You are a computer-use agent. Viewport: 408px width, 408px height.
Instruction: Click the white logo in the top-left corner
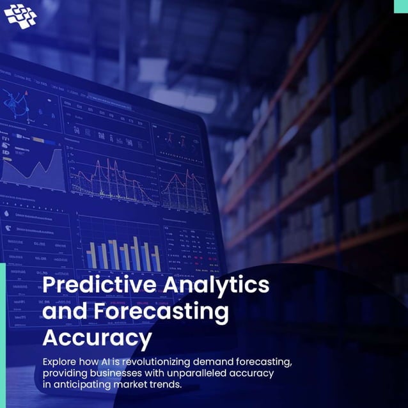pos(20,15)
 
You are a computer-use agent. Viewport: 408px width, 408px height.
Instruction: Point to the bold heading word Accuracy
pos(97,337)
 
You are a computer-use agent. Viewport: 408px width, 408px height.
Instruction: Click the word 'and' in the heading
pos(63,312)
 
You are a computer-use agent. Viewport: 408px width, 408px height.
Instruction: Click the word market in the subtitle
pos(137,384)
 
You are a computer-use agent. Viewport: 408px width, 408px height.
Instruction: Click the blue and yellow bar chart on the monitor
pos(123,254)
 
